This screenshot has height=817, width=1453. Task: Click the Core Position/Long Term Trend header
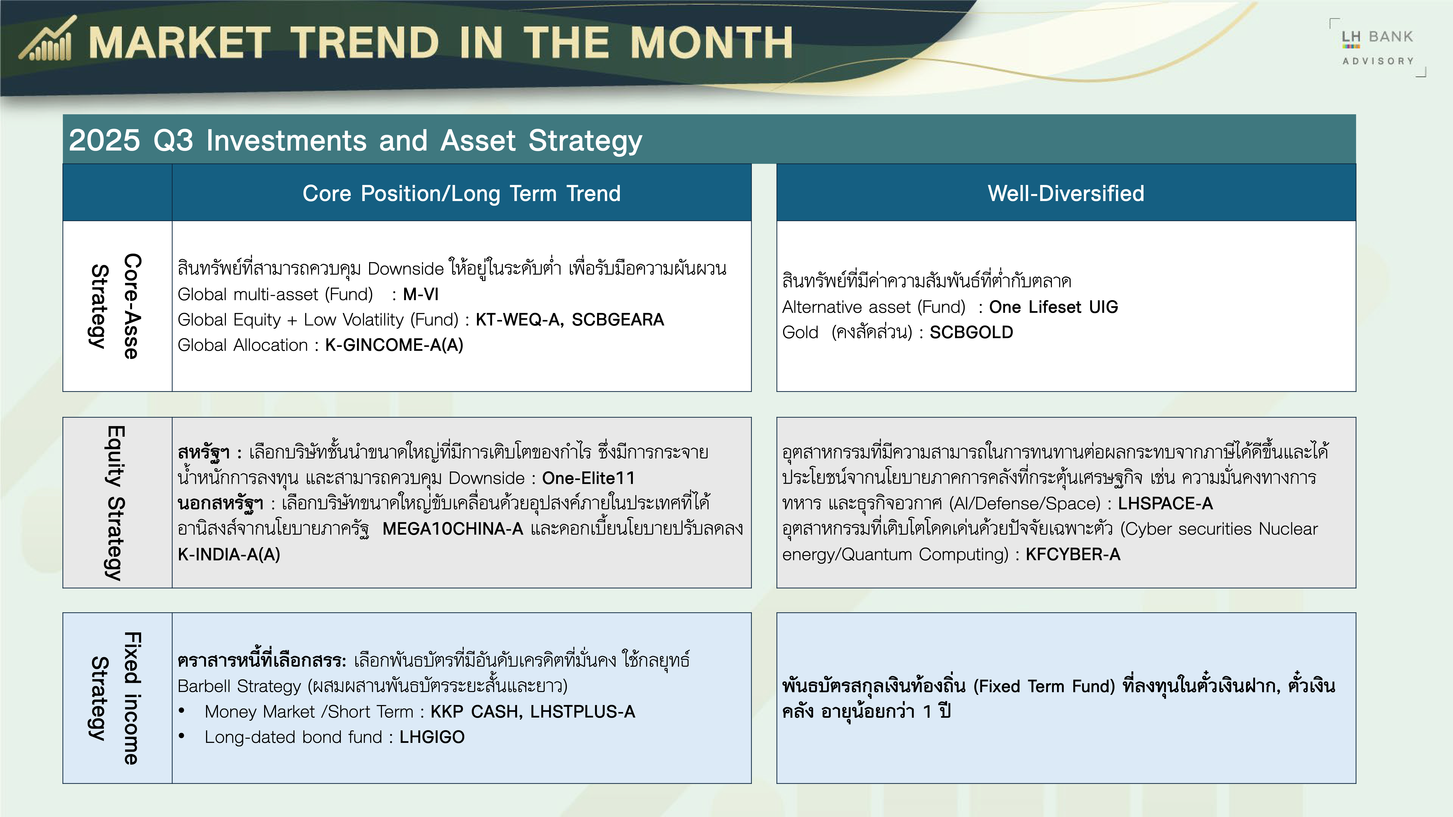(461, 193)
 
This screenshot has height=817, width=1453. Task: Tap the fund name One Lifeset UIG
(1053, 307)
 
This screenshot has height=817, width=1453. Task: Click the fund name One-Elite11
(588, 478)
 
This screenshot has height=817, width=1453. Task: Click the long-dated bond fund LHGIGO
(432, 737)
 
